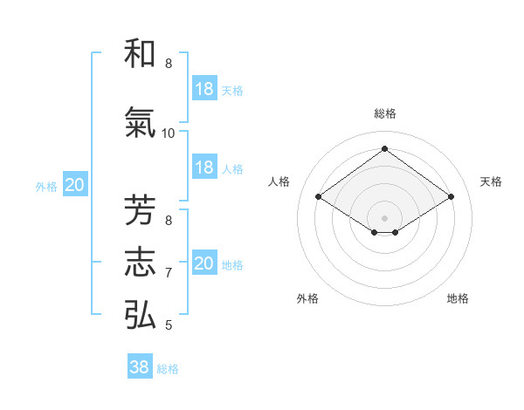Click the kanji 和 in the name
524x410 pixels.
140,54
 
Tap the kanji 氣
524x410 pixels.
140,125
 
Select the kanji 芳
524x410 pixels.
140,211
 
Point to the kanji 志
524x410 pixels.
140,263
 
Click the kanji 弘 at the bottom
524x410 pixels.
140,315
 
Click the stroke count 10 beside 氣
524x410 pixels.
168,133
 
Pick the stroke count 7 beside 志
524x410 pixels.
169,273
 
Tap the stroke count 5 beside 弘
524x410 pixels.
169,325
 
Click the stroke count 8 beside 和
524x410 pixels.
169,64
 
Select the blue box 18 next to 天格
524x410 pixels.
204,89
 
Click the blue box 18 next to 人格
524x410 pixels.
204,167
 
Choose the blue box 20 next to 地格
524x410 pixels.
204,263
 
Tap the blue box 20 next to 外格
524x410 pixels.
75,185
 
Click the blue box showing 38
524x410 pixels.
140,367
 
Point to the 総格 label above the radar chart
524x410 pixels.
384,113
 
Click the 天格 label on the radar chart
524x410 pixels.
491,181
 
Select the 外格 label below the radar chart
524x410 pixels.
307,298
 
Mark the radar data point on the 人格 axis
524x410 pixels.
319,197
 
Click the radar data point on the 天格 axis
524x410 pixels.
451,197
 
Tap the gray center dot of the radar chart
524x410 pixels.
384,216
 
